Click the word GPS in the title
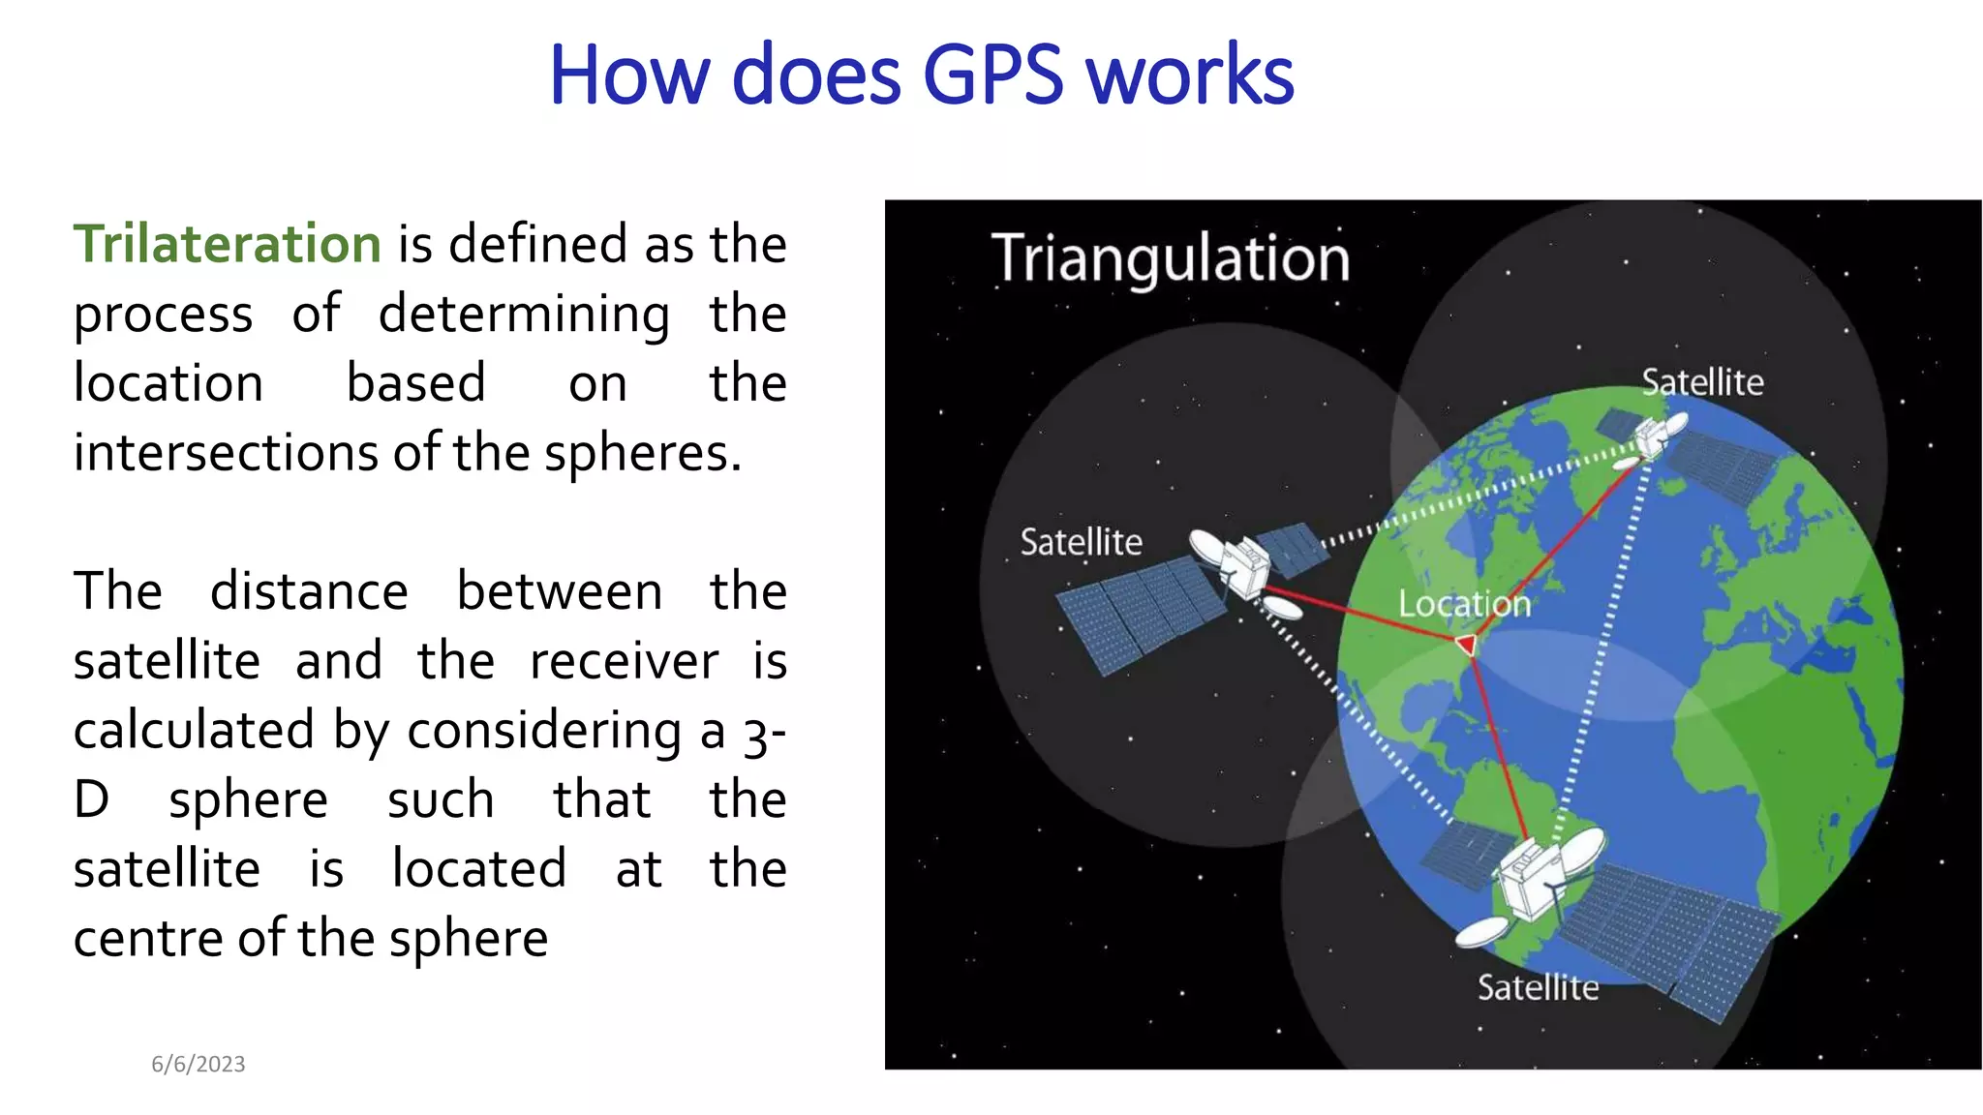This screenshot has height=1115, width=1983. pyautogui.click(x=993, y=75)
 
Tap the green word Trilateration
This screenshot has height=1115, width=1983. pyautogui.click(x=228, y=244)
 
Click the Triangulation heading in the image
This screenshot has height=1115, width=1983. pyautogui.click(x=1171, y=258)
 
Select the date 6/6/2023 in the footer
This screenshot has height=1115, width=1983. pyautogui.click(x=198, y=1064)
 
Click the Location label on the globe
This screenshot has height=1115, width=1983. pyautogui.click(x=1464, y=604)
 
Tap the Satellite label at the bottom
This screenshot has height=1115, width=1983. pyautogui.click(x=1538, y=987)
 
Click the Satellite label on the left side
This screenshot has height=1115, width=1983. pyautogui.click(x=1081, y=542)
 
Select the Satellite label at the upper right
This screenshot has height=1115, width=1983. pyautogui.click(x=1702, y=382)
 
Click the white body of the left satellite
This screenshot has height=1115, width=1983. pyautogui.click(x=1244, y=565)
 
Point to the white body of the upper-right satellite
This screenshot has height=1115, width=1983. pyautogui.click(x=1654, y=436)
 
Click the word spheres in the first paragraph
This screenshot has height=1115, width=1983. pyautogui.click(x=642, y=453)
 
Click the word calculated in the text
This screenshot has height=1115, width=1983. pyautogui.click(x=194, y=731)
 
